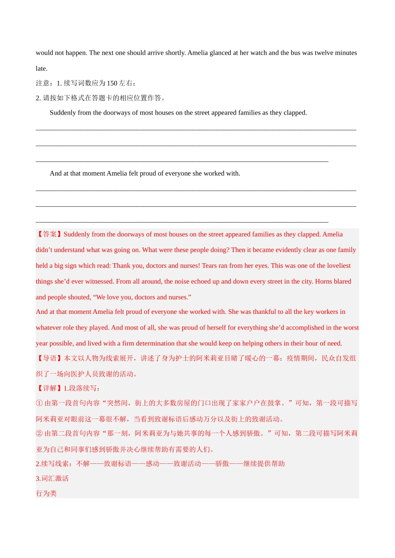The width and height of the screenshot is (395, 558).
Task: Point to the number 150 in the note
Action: (x=112, y=83)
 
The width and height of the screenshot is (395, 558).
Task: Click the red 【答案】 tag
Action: (x=49, y=234)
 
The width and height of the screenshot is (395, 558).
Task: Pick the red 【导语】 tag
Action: (x=49, y=358)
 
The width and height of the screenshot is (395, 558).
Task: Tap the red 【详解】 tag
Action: (x=49, y=388)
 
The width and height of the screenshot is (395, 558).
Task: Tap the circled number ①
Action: (x=39, y=403)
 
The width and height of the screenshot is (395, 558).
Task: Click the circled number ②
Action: (x=39, y=433)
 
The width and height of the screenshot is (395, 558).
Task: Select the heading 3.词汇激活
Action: (x=52, y=479)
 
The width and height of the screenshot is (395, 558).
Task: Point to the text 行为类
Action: (x=46, y=494)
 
